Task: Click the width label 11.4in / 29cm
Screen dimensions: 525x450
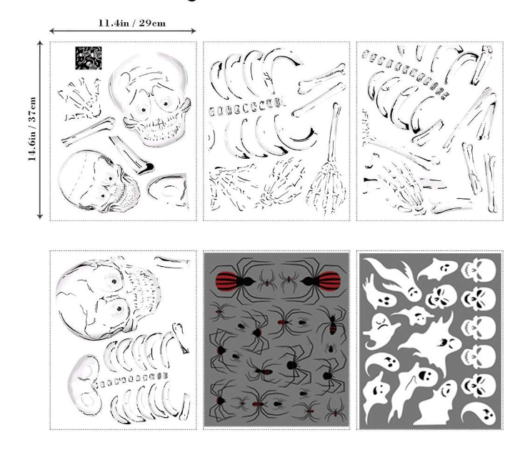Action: coord(132,23)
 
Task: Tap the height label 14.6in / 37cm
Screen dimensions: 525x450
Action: coord(32,129)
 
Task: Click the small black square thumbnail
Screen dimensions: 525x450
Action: coord(89,58)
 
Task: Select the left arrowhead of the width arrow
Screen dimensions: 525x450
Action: coord(52,31)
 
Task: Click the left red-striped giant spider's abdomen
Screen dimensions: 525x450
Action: coord(228,280)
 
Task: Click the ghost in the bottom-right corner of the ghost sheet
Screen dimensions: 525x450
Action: coord(479,414)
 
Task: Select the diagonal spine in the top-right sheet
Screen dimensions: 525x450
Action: coord(406,74)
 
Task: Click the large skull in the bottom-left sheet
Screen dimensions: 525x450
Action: coord(108,298)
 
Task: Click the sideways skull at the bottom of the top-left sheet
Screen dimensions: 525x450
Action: coord(99,181)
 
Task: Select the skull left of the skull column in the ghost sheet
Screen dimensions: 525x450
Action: coord(441,297)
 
